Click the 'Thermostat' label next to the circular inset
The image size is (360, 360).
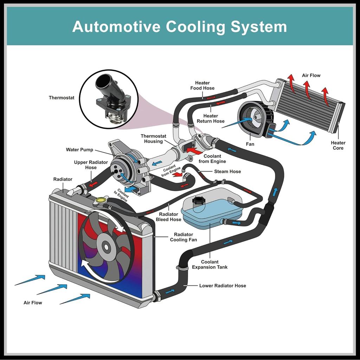point(62,98)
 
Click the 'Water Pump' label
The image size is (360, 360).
point(79,150)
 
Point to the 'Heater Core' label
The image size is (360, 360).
point(338,145)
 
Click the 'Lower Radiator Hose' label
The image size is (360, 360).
point(223,285)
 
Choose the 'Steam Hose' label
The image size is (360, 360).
point(227,172)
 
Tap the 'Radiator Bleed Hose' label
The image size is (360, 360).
point(168,217)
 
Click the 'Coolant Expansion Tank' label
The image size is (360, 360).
point(210,264)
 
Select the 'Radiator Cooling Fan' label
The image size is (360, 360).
point(183,237)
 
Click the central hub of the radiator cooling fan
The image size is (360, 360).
point(106,246)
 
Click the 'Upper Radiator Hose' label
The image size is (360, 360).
point(91,165)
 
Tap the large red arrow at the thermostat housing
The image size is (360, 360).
point(194,150)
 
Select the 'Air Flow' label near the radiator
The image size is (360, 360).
point(33,303)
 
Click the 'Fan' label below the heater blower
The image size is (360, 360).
point(250,144)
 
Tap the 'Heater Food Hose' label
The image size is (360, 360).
point(202,85)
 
